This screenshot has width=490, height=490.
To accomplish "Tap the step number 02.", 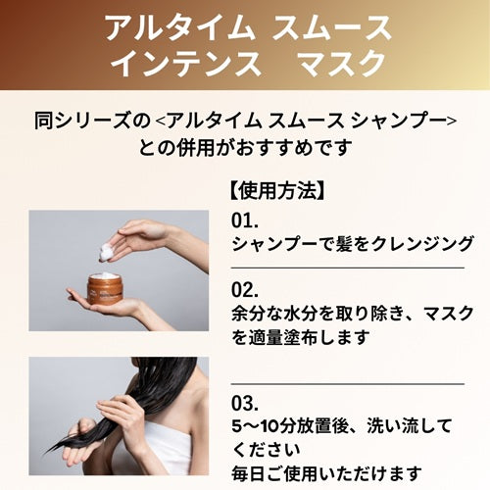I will pos(246,289).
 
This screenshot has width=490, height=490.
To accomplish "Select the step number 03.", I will pos(246,402).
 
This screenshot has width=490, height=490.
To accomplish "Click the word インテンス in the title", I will pos(185,64).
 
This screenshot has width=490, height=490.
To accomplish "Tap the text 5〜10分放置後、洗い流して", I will pos(344,427).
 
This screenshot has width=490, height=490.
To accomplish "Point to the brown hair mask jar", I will pos(104,287).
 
